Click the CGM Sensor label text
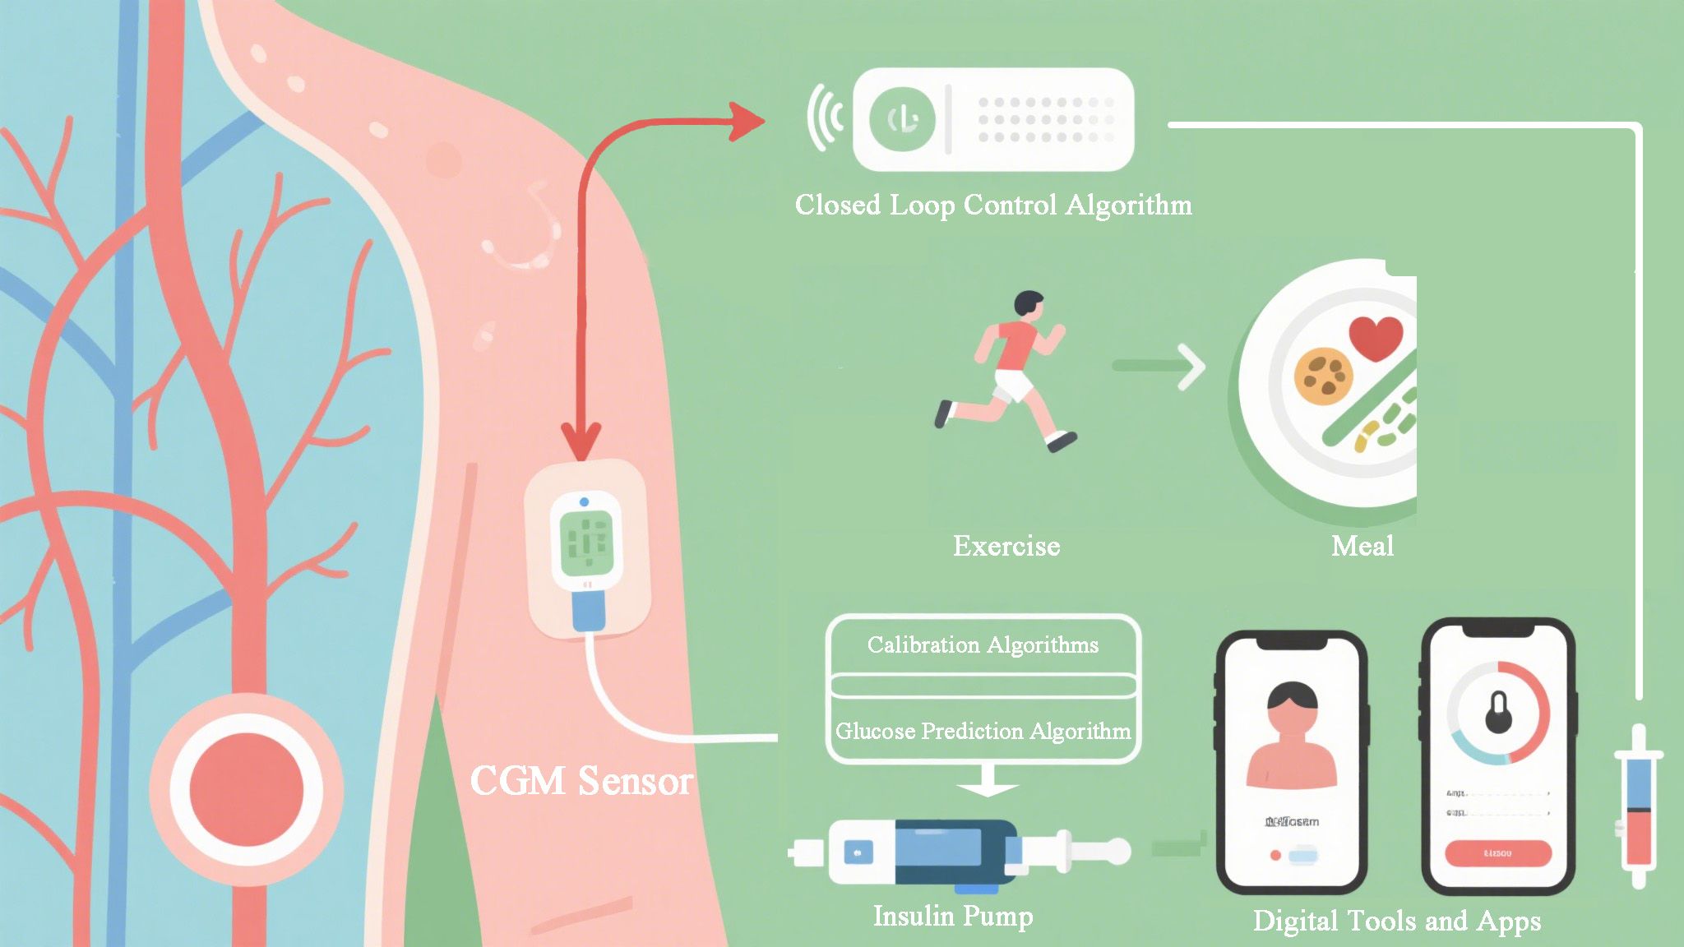581,780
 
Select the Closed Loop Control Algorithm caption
993,205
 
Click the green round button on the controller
902,120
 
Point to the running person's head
1028,303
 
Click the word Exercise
1006,546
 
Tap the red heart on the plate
1376,337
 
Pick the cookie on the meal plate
1323,376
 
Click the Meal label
1362,546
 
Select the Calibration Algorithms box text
983,644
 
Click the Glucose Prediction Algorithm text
983,731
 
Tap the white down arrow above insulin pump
988,781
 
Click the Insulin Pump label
953,916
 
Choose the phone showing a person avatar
1291,763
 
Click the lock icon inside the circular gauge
1498,712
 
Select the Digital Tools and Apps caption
1396,921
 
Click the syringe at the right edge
1638,806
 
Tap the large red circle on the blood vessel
246,788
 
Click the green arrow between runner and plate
1159,366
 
